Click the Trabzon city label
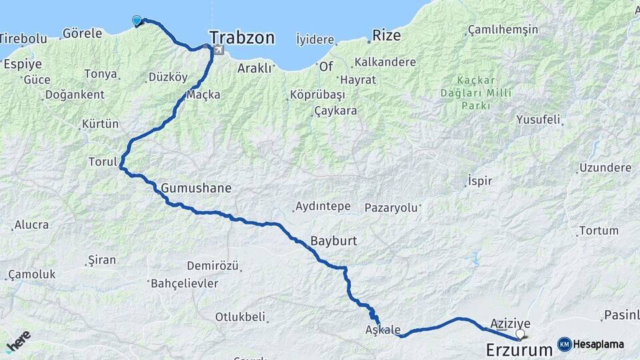(x=242, y=37)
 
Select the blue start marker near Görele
(x=137, y=21)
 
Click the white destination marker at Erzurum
(x=520, y=333)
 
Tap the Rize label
(x=387, y=35)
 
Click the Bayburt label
(x=335, y=240)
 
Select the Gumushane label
(x=196, y=188)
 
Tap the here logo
(x=18, y=341)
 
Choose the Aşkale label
(x=383, y=330)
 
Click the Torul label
(x=103, y=161)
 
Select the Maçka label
(x=204, y=95)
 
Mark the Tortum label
(x=599, y=231)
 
